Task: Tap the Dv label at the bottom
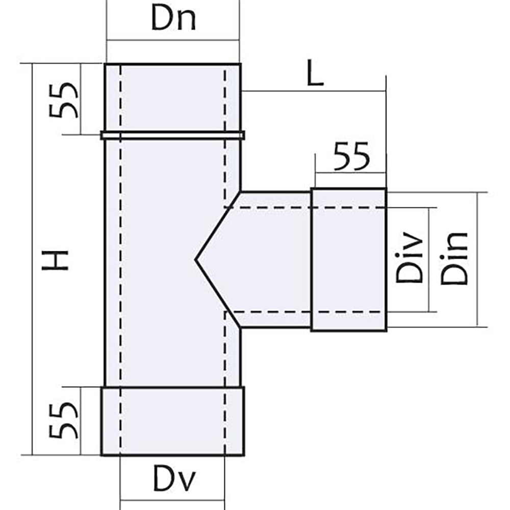[x=174, y=480]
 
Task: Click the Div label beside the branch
[x=409, y=257]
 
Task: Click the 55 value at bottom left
[x=63, y=421]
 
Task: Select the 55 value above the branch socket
[x=352, y=157]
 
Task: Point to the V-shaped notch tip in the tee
[x=195, y=260]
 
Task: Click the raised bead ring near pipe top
[x=173, y=135]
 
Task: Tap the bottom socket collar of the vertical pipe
[x=173, y=421]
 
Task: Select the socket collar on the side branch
[x=349, y=260]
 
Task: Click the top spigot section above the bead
[x=173, y=97]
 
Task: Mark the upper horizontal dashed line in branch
[x=305, y=207]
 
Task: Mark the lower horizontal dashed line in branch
[x=305, y=312]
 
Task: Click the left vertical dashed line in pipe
[x=121, y=260]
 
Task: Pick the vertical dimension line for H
[x=33, y=259]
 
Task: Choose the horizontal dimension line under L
[x=314, y=91]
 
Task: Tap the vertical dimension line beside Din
[x=477, y=259]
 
